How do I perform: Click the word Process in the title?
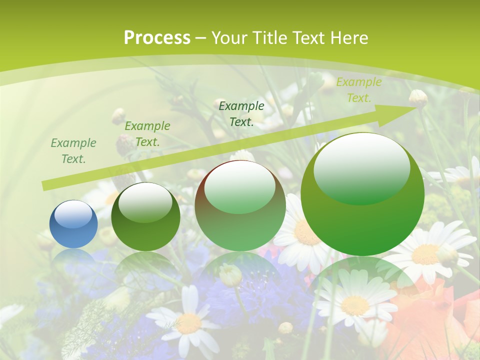coord(157,37)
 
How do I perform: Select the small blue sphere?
coord(73,224)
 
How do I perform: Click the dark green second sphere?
coord(145,217)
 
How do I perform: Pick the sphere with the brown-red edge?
coord(240,205)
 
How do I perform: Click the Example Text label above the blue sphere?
coord(73,150)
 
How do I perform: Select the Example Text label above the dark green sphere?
coord(147,133)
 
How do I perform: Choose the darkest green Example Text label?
coord(241,113)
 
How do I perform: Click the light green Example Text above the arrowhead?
coord(358,89)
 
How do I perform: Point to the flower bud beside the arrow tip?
coord(418,98)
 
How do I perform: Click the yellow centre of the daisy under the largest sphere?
coord(354,304)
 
